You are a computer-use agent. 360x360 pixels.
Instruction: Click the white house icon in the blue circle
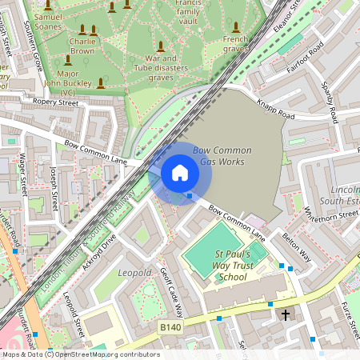point(180,173)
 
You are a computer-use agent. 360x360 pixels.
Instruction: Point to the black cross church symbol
point(286,315)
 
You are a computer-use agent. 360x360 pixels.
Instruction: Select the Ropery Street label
point(55,102)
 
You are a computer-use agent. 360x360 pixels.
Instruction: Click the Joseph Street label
point(54,185)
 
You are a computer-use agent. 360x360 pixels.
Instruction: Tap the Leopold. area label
point(134,273)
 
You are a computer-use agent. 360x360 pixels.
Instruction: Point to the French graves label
point(235,43)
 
